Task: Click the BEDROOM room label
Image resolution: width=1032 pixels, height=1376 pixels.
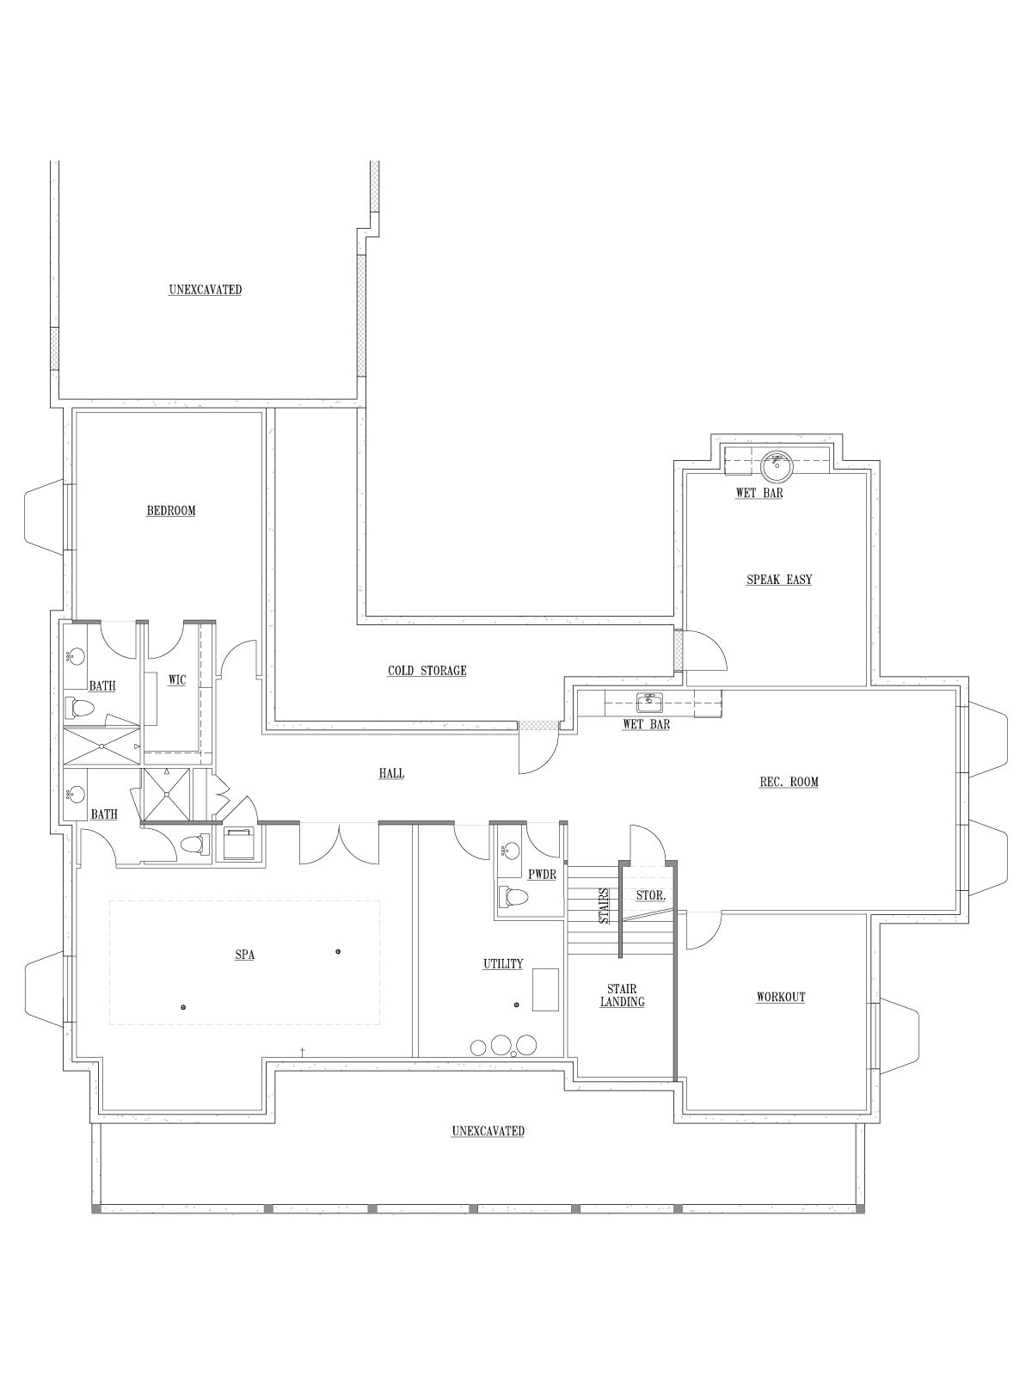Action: (171, 511)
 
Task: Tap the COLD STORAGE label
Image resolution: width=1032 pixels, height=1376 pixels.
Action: (427, 671)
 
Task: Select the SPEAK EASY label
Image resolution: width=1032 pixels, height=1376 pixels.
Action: (779, 580)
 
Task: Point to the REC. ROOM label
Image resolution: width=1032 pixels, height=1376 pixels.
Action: (789, 783)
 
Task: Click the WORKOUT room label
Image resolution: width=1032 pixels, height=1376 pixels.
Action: (781, 997)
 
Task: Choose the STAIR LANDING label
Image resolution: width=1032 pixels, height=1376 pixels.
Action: (622, 996)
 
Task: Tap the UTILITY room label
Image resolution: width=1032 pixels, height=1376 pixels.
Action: (502, 963)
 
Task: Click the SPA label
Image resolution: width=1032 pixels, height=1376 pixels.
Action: (244, 955)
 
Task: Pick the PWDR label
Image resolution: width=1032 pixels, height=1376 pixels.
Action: (542, 875)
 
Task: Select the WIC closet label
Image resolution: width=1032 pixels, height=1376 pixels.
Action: (177, 680)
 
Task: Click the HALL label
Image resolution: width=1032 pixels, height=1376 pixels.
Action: (391, 773)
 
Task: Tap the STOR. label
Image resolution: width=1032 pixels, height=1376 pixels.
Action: (650, 896)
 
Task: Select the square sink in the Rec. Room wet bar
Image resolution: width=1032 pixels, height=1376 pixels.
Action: (650, 703)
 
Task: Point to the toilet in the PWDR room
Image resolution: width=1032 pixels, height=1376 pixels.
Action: (513, 897)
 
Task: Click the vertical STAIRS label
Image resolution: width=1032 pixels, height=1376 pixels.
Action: (604, 906)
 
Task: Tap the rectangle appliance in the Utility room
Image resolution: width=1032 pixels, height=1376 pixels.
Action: (546, 989)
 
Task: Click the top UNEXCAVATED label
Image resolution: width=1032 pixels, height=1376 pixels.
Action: (205, 290)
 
